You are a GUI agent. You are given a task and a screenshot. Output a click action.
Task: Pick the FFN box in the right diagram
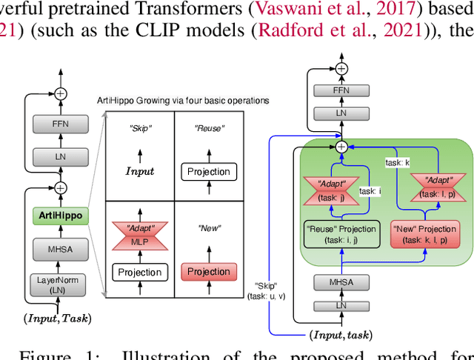(341, 90)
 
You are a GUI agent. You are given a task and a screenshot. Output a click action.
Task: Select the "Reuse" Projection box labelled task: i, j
(341, 234)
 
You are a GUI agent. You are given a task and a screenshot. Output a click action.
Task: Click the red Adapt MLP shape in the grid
(139, 234)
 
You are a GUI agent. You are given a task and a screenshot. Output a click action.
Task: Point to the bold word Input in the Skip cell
(139, 171)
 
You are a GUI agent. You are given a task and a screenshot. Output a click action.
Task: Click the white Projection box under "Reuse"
(208, 172)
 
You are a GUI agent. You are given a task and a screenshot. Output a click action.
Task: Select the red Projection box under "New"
(208, 272)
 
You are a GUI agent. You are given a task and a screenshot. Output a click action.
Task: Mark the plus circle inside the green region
(341, 147)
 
